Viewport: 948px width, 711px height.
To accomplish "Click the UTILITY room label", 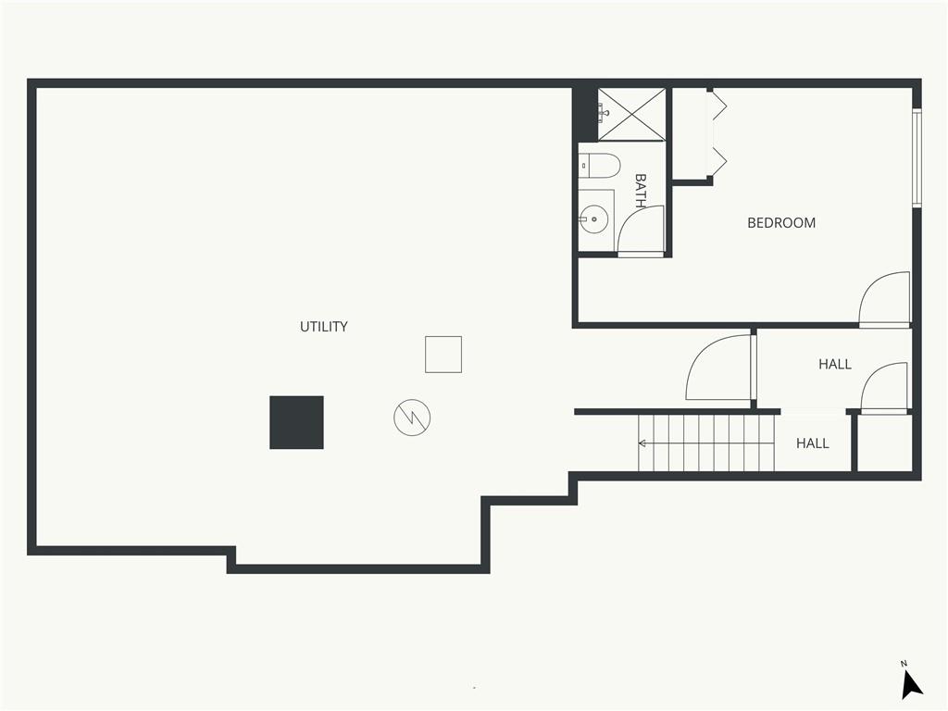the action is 323,327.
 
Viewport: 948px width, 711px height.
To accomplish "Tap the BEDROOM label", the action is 781,223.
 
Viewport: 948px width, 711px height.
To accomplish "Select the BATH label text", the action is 641,191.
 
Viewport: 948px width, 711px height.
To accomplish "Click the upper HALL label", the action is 835,364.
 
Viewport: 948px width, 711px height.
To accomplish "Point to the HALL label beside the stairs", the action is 813,443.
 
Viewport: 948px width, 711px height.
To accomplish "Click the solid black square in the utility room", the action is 296,422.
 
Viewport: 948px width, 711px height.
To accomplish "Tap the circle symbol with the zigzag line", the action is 412,418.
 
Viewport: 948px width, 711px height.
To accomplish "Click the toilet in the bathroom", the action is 599,166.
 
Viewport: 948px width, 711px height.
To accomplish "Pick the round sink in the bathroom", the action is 593,218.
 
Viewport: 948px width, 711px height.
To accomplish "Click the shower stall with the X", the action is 631,114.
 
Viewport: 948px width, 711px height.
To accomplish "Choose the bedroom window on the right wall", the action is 917,158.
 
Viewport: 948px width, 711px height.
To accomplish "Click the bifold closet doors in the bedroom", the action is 717,133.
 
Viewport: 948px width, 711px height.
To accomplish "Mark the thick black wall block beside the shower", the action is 585,114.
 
